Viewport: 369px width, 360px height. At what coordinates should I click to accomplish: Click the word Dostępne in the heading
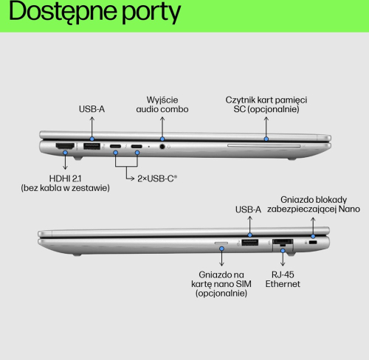click(63, 12)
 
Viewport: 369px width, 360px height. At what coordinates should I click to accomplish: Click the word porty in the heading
click(151, 13)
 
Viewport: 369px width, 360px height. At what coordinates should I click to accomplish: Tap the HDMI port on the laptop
click(65, 146)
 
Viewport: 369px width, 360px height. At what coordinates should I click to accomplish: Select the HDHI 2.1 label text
click(65, 179)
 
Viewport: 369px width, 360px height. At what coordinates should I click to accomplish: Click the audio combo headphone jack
click(162, 147)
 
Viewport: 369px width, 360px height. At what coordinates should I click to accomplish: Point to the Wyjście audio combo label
click(162, 105)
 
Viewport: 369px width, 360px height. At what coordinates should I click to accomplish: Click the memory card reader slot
click(264, 146)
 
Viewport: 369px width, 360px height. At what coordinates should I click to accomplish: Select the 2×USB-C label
click(157, 179)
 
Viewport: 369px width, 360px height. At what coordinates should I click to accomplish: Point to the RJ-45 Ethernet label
click(283, 279)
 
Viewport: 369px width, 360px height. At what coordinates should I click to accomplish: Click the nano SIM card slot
click(221, 243)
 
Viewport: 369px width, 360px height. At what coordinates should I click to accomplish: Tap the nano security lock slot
click(313, 243)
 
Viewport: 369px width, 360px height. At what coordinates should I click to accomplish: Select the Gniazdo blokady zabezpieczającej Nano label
click(314, 204)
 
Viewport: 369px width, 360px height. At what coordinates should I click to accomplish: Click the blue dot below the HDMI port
click(65, 153)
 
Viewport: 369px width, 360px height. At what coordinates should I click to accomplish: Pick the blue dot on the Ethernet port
click(283, 251)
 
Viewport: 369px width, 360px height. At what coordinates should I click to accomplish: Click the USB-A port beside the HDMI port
click(92, 146)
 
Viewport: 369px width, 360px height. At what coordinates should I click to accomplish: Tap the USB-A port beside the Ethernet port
click(250, 243)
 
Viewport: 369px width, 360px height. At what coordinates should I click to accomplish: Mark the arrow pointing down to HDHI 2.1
click(65, 162)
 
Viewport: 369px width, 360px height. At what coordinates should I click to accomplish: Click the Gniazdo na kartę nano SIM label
click(221, 284)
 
